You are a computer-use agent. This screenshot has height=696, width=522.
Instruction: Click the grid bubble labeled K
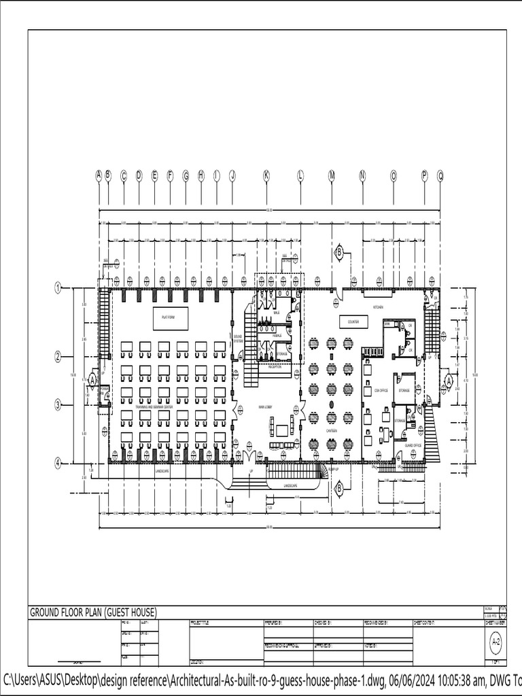click(266, 175)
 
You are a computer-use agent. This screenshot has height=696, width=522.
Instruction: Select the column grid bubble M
click(332, 175)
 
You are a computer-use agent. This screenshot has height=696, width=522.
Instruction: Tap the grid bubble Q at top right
click(440, 175)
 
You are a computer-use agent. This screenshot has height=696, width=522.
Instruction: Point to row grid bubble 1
click(58, 289)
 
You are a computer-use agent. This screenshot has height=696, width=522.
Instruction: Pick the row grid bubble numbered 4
click(58, 463)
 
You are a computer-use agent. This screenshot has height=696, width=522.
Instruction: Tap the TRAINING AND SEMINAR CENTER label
click(154, 406)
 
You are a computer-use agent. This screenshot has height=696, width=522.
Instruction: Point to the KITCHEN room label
click(377, 307)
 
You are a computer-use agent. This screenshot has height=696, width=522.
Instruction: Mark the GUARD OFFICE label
click(413, 445)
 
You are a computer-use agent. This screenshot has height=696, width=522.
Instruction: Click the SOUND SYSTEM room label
click(238, 337)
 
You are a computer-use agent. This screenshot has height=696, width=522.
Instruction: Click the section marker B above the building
click(338, 254)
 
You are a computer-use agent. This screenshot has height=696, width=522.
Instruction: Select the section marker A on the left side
click(92, 381)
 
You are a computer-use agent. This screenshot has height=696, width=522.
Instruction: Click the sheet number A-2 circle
click(495, 640)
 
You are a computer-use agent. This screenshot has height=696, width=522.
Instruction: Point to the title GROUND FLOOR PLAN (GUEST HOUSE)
click(93, 612)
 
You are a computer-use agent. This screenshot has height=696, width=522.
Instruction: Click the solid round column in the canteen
click(331, 404)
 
